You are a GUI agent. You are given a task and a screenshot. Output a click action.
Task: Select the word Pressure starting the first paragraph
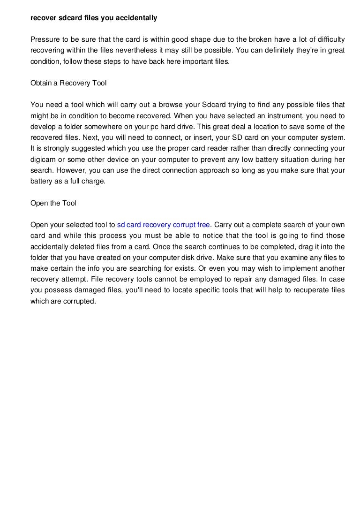[x=45, y=40]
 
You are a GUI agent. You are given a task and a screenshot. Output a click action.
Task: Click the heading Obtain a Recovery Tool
[x=68, y=83]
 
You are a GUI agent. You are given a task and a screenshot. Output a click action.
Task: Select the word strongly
[x=52, y=148]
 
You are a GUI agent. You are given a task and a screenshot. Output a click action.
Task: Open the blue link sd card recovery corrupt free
[x=164, y=224]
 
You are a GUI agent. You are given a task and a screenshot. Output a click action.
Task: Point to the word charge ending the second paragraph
[x=94, y=180]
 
